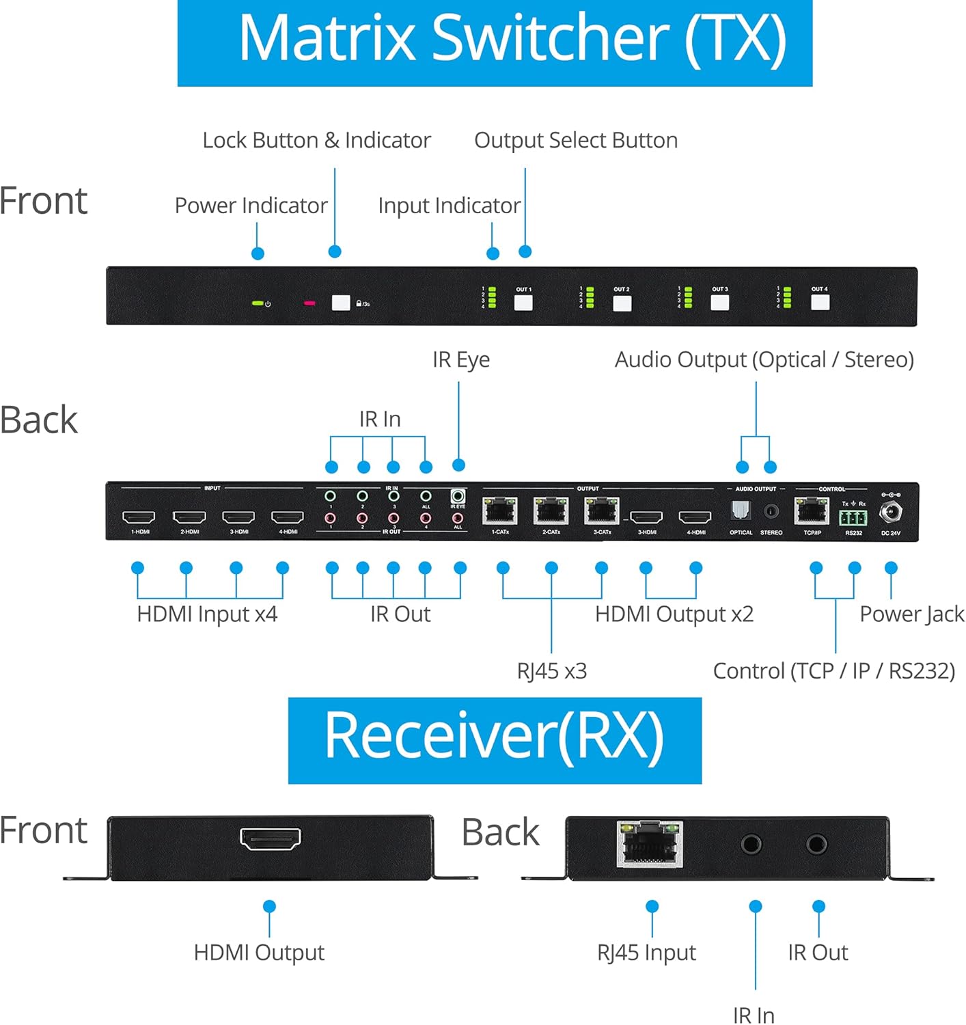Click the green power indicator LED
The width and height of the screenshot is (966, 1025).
point(258,303)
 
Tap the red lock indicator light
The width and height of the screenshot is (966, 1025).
point(309,303)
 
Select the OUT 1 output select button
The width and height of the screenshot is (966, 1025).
point(523,302)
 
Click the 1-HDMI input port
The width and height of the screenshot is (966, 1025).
point(139,517)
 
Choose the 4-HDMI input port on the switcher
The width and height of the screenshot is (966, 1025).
point(288,517)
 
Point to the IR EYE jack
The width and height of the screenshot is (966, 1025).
point(458,497)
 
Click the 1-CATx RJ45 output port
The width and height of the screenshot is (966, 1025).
point(500,511)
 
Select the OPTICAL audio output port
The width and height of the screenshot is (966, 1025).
point(741,510)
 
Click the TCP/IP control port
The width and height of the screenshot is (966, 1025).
point(812,511)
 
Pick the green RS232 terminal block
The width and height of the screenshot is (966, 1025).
point(853,517)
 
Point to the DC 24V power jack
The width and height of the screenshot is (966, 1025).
point(891,512)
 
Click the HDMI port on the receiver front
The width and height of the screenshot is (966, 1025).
point(271,838)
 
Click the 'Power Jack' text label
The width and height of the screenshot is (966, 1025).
point(911,614)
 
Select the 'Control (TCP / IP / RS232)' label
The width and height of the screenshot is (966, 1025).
point(833,671)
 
